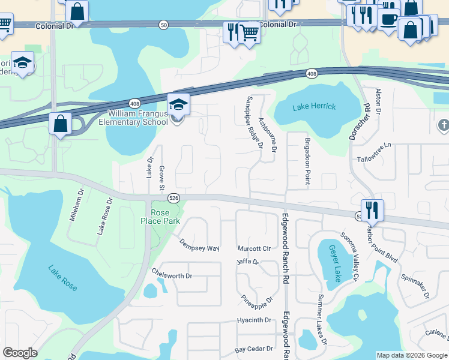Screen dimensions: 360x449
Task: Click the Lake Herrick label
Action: click(314, 107)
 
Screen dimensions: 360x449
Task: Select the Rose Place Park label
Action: click(164, 217)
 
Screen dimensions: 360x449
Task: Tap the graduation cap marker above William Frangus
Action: click(178, 105)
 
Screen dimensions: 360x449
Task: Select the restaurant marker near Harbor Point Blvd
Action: click(372, 211)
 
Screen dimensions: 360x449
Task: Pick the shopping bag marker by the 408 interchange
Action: click(60, 124)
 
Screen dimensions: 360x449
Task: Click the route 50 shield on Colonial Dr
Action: click(164, 25)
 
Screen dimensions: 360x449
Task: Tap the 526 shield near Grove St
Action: click(173, 198)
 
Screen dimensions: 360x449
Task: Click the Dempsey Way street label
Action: click(200, 245)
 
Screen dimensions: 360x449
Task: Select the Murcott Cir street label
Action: click(254, 248)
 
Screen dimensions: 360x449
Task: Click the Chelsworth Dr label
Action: click(172, 276)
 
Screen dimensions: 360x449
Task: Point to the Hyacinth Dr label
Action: click(255, 320)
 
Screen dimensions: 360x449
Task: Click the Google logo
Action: click(20, 353)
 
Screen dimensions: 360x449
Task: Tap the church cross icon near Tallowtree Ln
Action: click(444, 125)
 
